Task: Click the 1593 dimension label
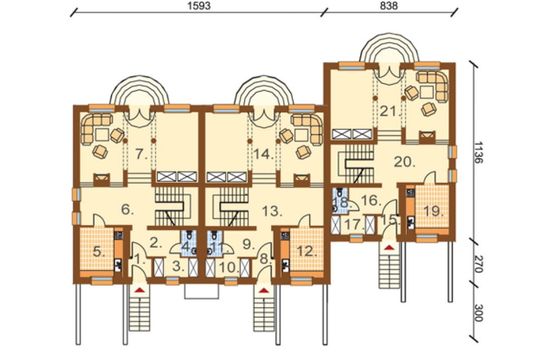(199, 6)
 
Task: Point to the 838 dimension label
(389, 6)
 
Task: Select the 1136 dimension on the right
(478, 152)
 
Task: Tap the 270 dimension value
(478, 264)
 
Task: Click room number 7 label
(141, 154)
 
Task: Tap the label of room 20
(405, 162)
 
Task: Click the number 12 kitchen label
(307, 251)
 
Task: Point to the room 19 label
(433, 211)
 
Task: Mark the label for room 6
(128, 209)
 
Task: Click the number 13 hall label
(272, 211)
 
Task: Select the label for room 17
(354, 224)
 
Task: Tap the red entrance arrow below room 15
(390, 247)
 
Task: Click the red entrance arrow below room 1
(139, 291)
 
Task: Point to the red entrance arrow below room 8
(263, 291)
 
